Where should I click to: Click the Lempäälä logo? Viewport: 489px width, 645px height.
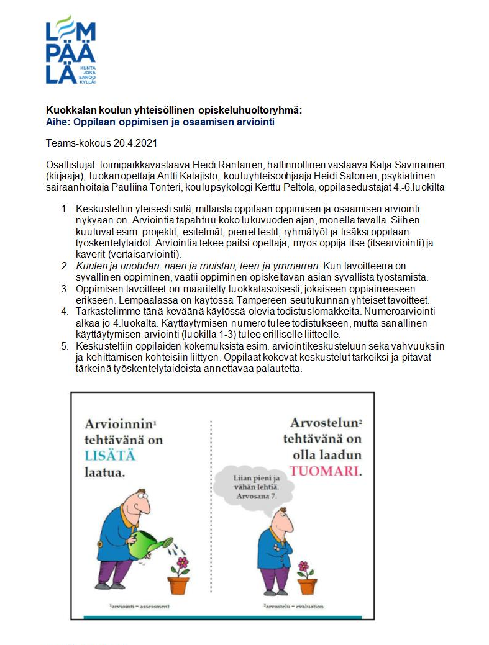[70, 50]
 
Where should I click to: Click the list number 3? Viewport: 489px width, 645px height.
[64, 288]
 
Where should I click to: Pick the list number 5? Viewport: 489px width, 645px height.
[64, 346]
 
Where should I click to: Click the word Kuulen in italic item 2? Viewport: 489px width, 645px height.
[90, 266]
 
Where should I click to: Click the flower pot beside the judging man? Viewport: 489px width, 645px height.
[306, 585]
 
